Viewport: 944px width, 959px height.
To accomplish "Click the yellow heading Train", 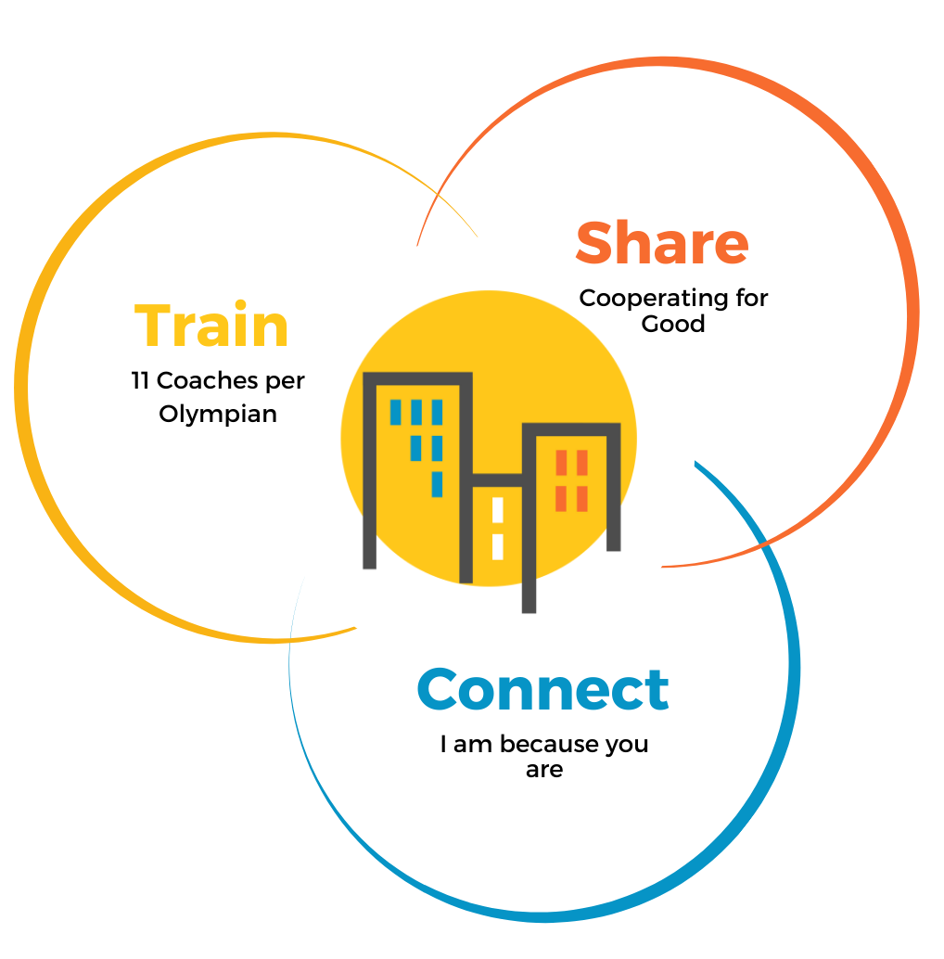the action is click(x=211, y=326).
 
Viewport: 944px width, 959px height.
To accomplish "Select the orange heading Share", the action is click(x=661, y=242).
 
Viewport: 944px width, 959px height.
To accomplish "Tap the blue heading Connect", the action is click(x=542, y=689).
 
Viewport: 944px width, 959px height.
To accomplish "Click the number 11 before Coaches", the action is click(x=140, y=381).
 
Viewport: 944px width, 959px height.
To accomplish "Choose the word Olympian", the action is click(x=218, y=414).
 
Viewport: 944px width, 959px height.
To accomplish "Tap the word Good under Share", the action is click(x=673, y=324).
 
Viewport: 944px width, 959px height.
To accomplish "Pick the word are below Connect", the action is click(x=544, y=770).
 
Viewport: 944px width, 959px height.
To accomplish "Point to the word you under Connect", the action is click(x=627, y=745).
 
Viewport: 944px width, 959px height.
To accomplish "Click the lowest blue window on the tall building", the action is click(x=437, y=484).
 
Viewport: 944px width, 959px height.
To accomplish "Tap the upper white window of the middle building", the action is click(x=498, y=510).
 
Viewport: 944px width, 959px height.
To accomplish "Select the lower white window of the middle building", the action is click(x=498, y=546).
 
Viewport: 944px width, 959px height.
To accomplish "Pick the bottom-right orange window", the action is click(x=582, y=499).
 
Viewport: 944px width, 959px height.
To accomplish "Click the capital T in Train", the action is click(x=154, y=326).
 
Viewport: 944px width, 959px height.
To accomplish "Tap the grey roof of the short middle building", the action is click(x=498, y=479).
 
